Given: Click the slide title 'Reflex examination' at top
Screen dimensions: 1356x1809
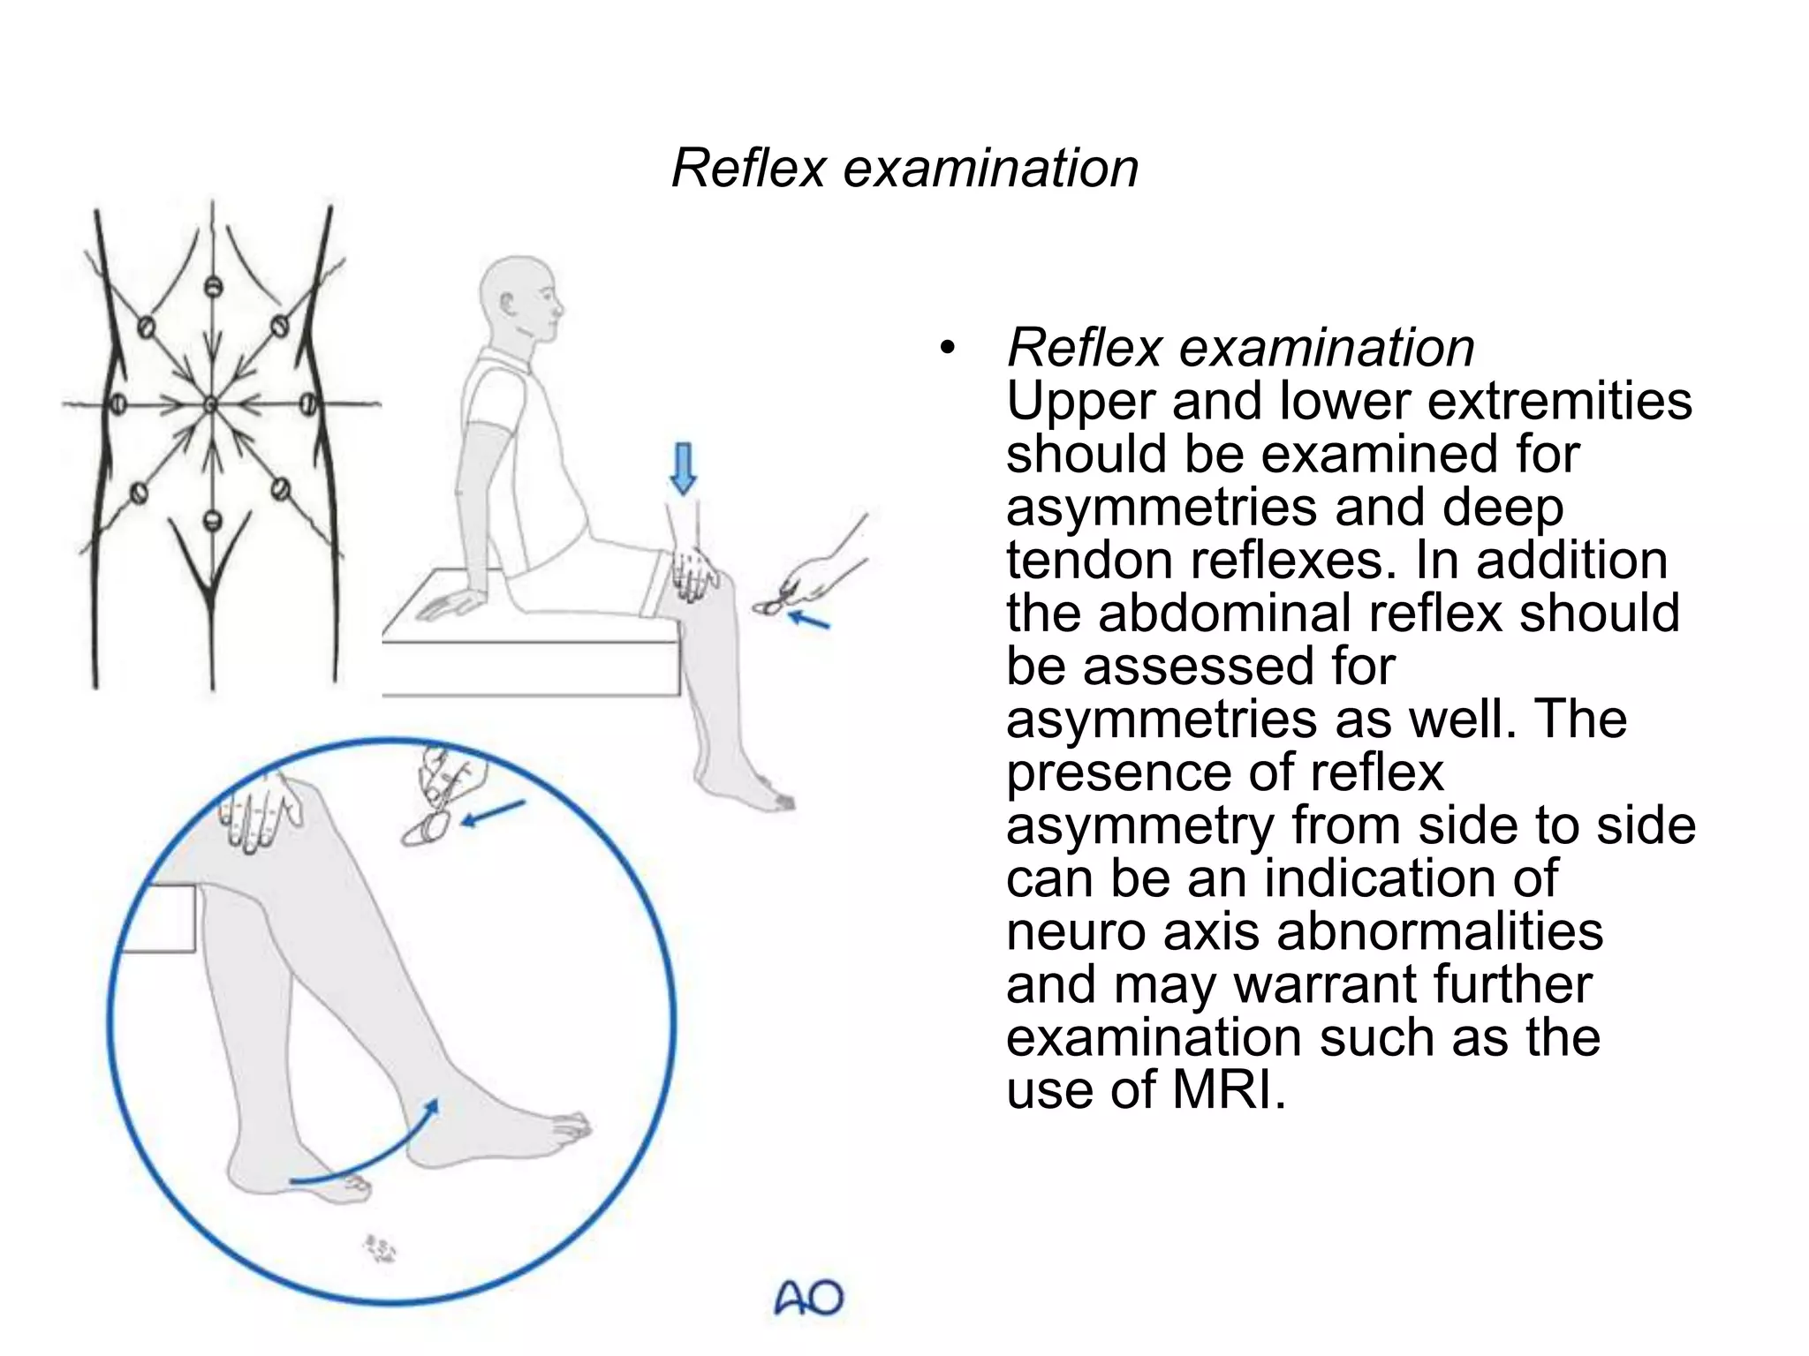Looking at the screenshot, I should [904, 168].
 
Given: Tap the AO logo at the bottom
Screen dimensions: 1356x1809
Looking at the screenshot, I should [808, 1298].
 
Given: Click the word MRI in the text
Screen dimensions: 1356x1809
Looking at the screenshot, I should [1228, 1090].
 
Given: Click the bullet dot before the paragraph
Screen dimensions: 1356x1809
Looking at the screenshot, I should [947, 348].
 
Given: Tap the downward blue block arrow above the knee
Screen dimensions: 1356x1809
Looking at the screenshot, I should [683, 468].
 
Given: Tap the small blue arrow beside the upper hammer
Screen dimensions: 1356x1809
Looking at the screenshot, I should [808, 620].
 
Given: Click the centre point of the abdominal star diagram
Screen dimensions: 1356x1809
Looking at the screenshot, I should [211, 405].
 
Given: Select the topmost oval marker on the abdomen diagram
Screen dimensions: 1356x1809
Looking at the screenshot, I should [213, 288].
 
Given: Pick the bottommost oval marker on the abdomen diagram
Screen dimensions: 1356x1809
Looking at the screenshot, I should [211, 520].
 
